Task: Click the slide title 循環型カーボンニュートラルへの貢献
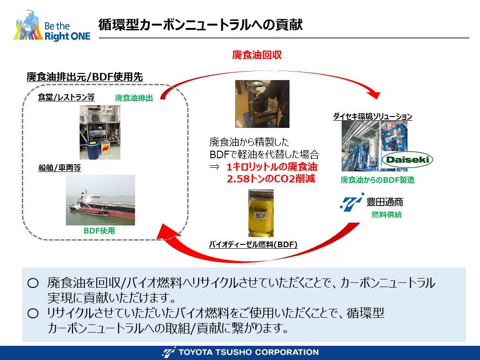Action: [200, 25]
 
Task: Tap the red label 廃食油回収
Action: [257, 55]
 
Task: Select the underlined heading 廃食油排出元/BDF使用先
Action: [85, 77]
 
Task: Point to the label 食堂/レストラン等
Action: [66, 97]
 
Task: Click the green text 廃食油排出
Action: [134, 98]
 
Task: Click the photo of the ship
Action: [100, 200]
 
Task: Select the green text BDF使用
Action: [99, 231]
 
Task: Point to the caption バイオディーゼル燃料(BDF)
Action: [253, 244]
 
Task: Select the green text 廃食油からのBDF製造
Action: [378, 180]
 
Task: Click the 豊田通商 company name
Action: [385, 202]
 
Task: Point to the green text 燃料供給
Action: [387, 215]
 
